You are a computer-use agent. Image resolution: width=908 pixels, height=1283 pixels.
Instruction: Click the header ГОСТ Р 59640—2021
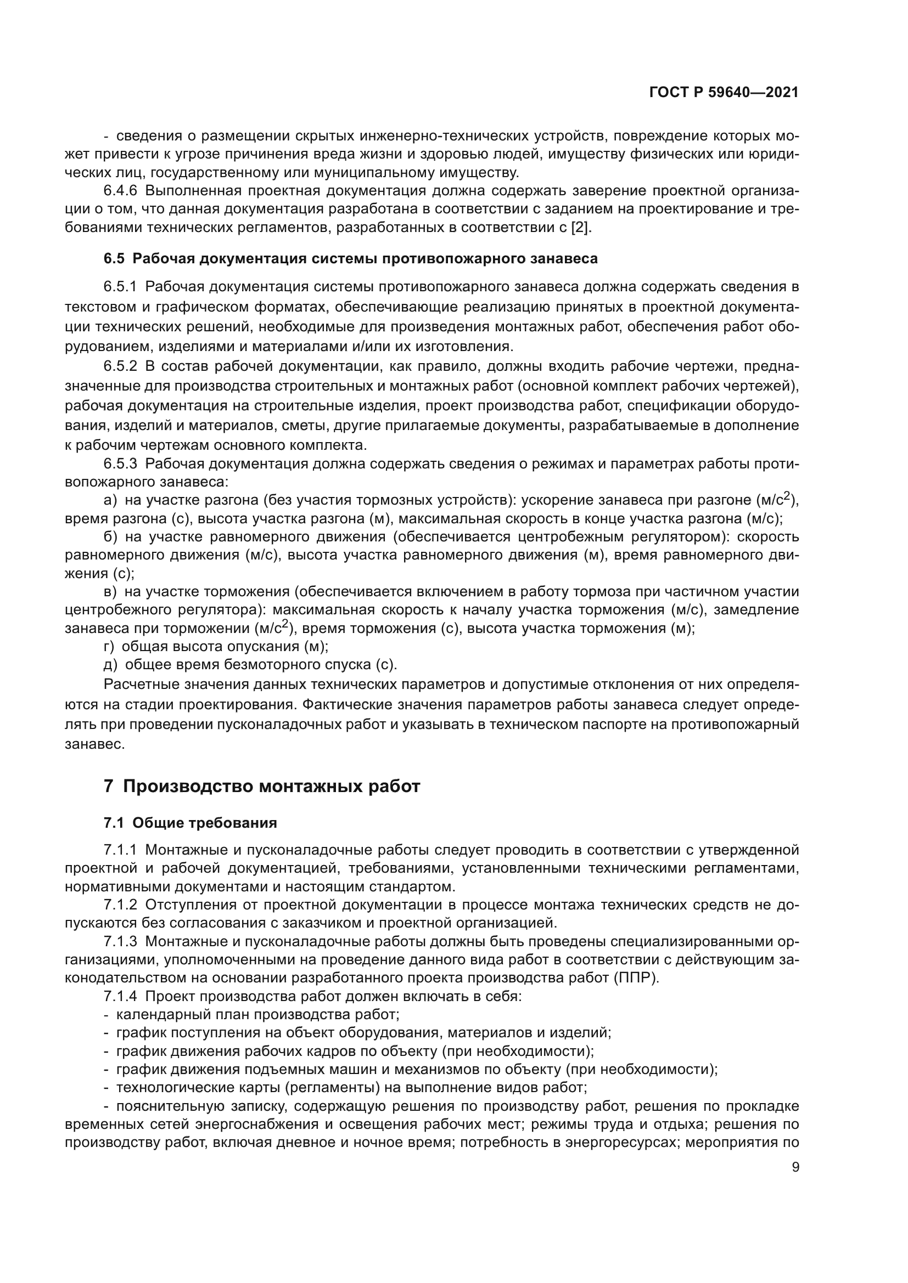tap(724, 92)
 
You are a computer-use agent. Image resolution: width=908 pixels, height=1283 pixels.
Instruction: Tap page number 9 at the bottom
tap(795, 1167)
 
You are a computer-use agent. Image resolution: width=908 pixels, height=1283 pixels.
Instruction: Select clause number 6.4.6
tap(120, 191)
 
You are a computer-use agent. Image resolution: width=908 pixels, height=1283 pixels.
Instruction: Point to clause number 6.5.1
tap(120, 287)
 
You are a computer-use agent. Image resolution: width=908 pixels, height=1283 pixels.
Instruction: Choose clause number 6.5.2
tap(120, 366)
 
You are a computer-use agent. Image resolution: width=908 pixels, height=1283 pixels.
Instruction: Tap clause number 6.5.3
tap(120, 464)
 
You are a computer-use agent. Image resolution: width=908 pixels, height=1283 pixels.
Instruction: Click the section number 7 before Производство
tap(109, 787)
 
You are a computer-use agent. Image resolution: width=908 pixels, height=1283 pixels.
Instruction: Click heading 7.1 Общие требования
tap(190, 823)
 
